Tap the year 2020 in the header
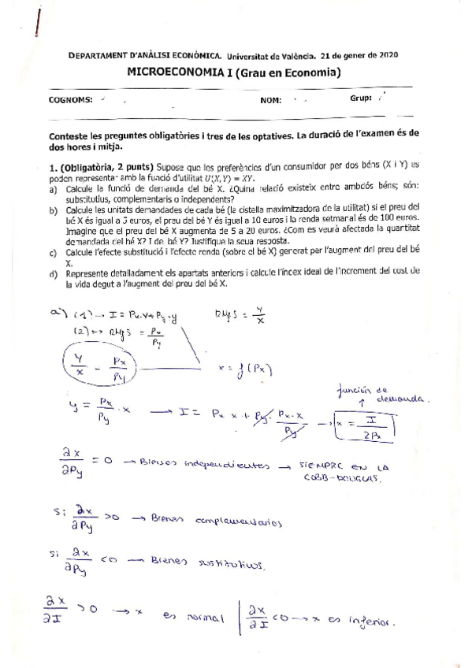pyautogui.click(x=388, y=56)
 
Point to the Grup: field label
pyautogui.click(x=360, y=99)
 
